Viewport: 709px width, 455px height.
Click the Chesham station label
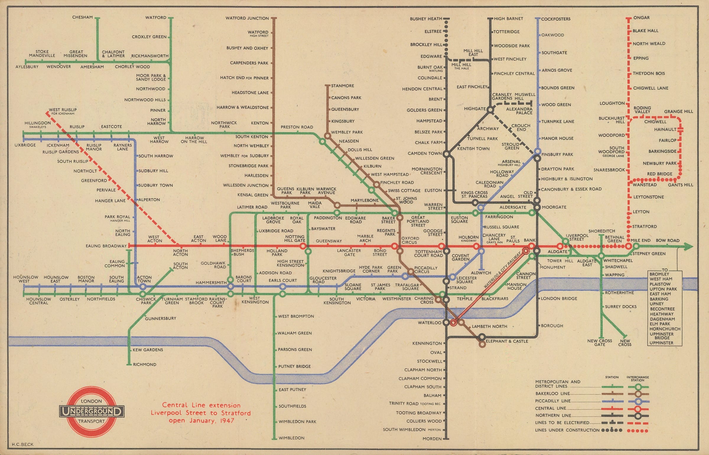pos(82,17)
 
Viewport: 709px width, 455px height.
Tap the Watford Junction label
pos(247,18)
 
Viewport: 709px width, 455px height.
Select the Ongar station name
pos(641,18)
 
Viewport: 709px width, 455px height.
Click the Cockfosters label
pos(556,19)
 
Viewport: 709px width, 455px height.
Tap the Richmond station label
pos(144,365)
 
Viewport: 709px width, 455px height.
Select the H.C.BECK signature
pos(23,444)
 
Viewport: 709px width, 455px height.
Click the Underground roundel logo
pos(92,411)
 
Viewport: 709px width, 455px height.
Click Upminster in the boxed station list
pos(661,343)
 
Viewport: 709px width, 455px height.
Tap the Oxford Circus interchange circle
pos(395,246)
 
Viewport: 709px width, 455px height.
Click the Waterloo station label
pos(429,323)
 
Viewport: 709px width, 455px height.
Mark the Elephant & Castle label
pos(507,341)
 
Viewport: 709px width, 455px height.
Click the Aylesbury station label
pos(27,67)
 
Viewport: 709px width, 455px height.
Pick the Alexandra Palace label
pos(519,111)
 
